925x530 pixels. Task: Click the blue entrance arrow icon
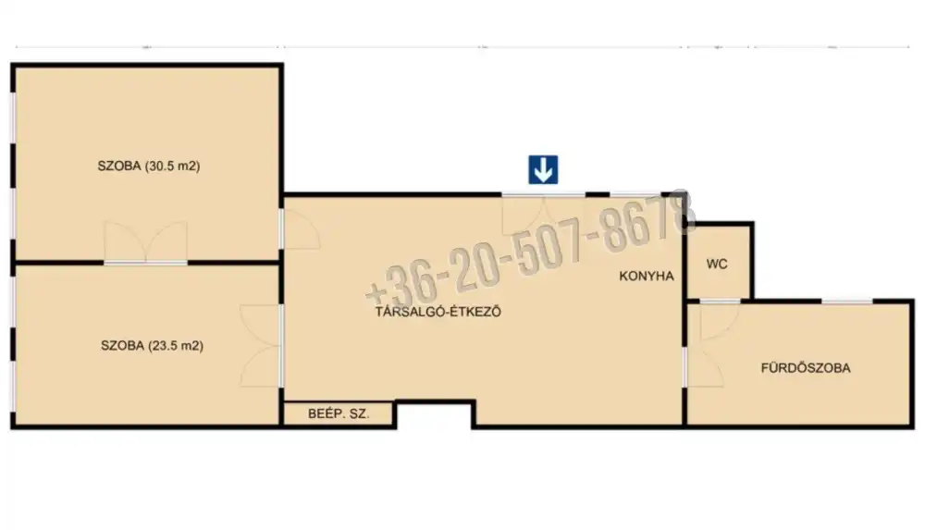click(543, 170)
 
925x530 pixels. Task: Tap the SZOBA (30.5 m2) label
click(149, 166)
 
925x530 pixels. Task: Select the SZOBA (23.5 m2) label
click(153, 345)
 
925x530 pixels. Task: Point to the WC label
click(717, 264)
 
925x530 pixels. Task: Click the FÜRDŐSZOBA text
click(806, 368)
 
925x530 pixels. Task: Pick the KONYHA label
click(647, 276)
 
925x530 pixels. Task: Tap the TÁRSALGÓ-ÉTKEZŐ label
click(438, 311)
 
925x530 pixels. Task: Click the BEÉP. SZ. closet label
click(339, 413)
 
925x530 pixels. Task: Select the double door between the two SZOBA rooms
click(146, 242)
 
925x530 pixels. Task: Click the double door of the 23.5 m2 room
click(261, 346)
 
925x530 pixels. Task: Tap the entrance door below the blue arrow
click(543, 214)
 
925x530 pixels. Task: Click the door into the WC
click(720, 320)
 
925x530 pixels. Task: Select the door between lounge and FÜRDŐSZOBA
click(703, 367)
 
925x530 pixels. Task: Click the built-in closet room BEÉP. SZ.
click(339, 413)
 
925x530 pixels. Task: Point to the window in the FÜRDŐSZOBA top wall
click(846, 302)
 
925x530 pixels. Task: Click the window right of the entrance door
click(635, 193)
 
